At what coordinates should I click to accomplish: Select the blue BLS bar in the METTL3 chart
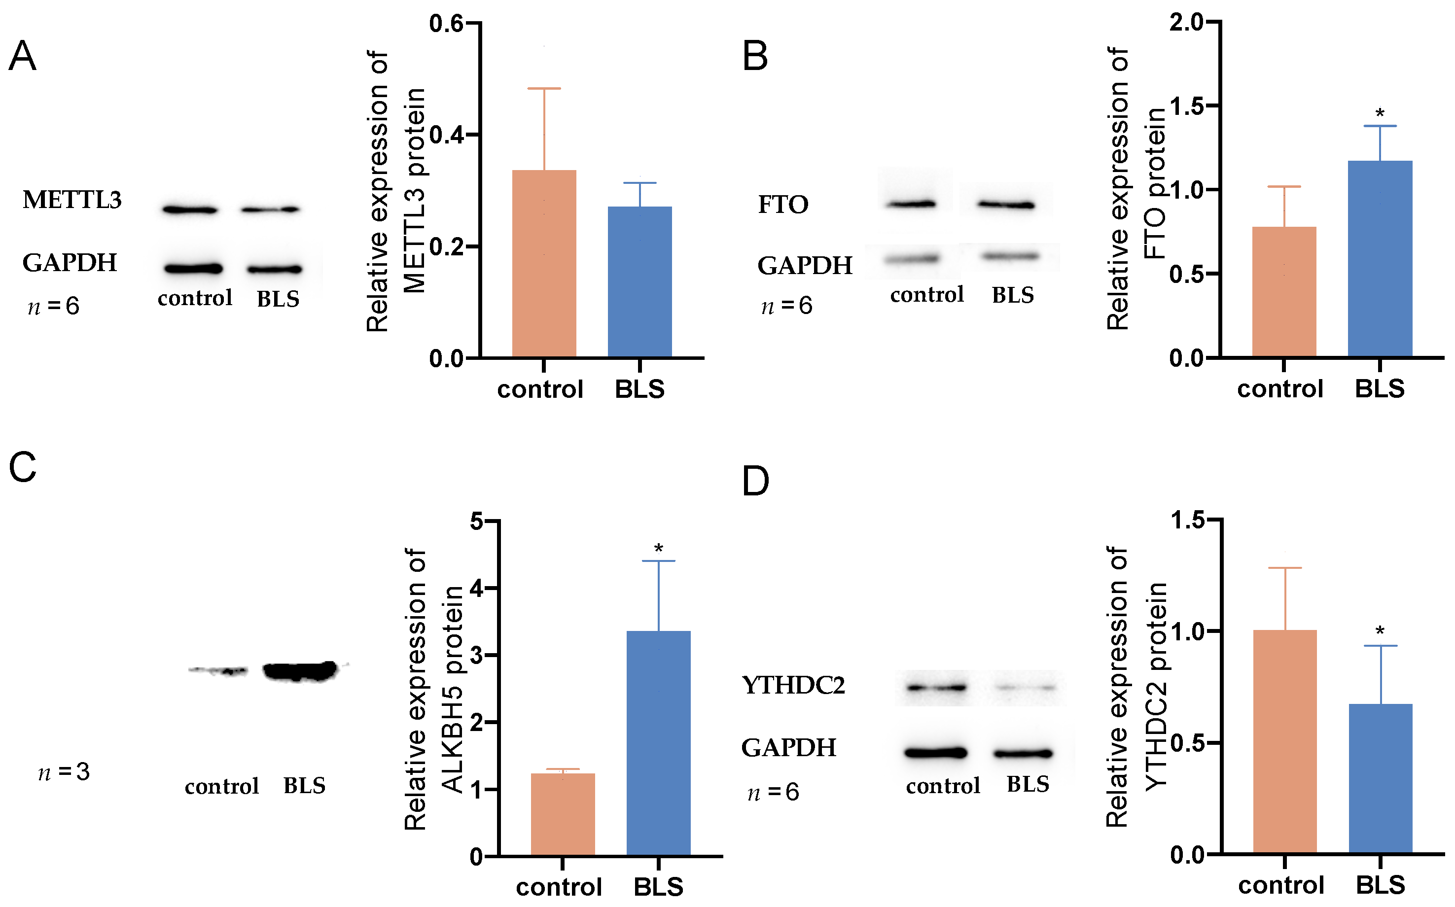tap(639, 281)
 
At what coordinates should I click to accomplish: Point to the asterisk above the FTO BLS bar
tap(1380, 113)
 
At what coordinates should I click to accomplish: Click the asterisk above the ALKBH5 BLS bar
tap(658, 548)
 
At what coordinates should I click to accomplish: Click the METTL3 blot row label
tap(72, 200)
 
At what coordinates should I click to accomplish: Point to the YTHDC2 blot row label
tap(793, 685)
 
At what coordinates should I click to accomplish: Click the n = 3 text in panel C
tap(64, 772)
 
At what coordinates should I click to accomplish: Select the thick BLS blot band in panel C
tap(300, 671)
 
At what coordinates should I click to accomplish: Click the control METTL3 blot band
tap(190, 210)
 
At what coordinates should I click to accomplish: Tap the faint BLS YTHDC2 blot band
tap(1027, 688)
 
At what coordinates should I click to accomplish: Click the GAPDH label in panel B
tap(805, 265)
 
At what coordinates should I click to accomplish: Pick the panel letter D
tap(755, 481)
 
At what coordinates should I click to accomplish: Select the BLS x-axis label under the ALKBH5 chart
tap(658, 886)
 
